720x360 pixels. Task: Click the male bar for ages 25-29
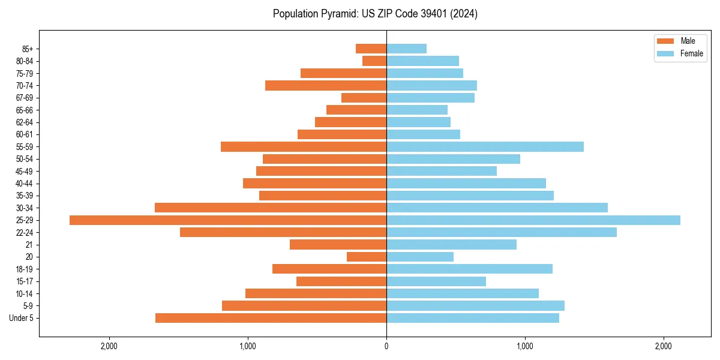(228, 220)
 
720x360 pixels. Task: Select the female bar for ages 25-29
(533, 220)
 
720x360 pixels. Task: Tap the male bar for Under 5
(271, 318)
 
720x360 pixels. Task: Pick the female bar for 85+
(406, 49)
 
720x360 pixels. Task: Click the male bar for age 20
(367, 257)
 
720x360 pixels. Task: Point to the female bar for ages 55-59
(485, 147)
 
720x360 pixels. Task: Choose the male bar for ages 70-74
(326, 86)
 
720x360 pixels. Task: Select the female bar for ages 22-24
(501, 232)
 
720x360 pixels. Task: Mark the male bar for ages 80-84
(374, 61)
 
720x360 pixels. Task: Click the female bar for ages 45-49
(442, 171)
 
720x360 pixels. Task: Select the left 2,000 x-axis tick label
(109, 347)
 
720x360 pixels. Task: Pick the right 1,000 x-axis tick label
(525, 347)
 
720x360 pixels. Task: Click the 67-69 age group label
(24, 98)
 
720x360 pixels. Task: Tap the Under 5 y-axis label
(22, 318)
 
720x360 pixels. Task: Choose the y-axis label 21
(29, 245)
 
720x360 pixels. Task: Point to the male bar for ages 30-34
(271, 208)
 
